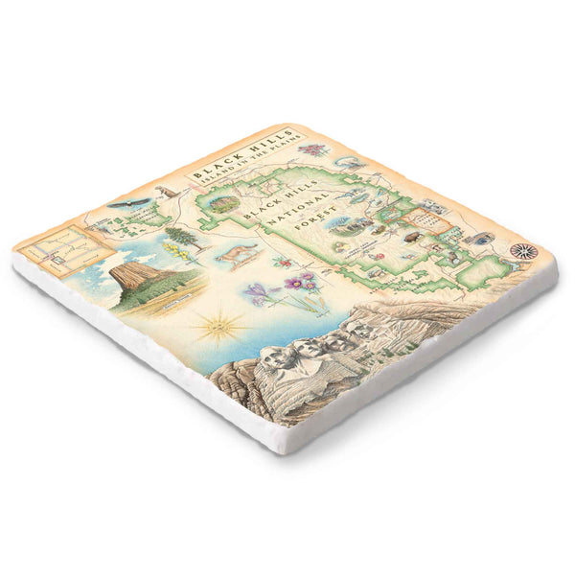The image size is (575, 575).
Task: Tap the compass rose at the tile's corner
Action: [523, 251]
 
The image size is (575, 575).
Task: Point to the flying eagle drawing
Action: [128, 203]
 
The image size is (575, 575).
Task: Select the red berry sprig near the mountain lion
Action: [281, 261]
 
